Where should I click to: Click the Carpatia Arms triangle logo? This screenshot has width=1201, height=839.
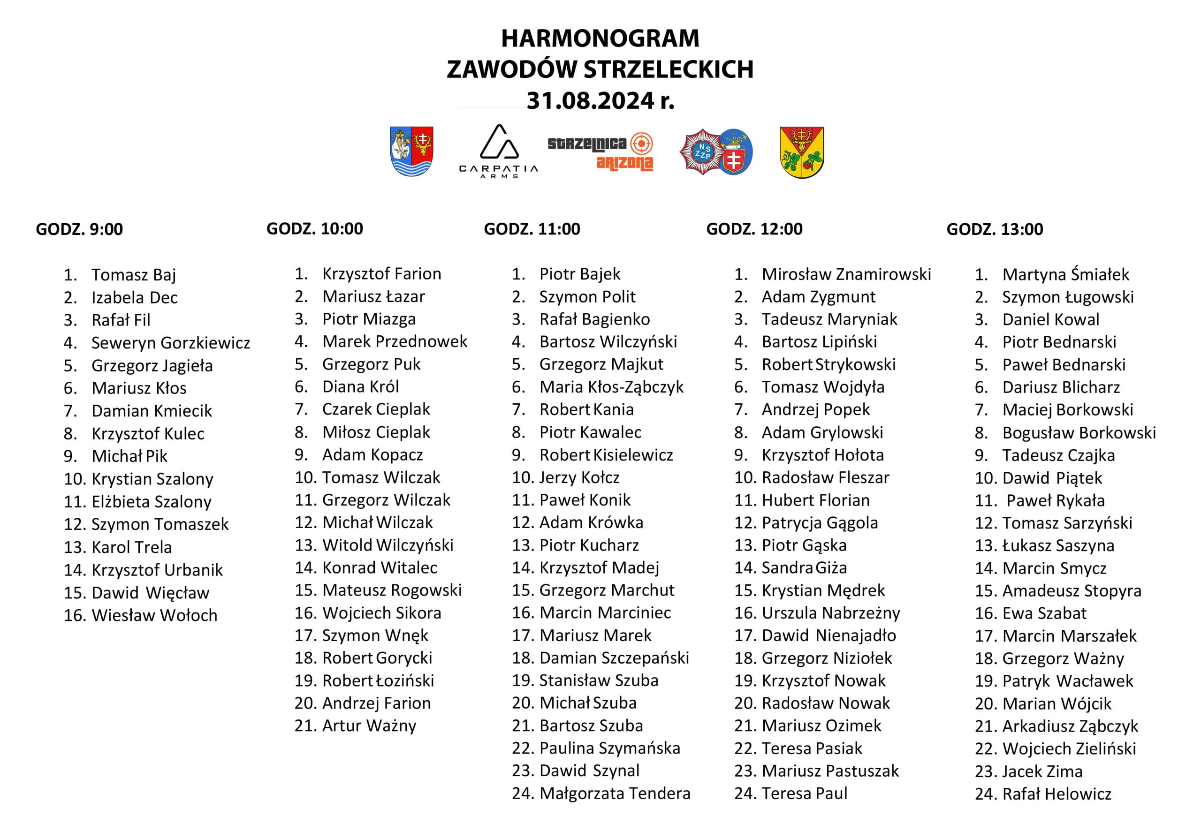(499, 151)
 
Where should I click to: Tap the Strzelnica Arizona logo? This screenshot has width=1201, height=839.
(600, 152)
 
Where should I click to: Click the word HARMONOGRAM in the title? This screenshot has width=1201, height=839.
(600, 38)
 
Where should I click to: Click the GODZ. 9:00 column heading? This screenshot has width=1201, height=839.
(79, 229)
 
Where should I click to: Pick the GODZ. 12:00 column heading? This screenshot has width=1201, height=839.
(754, 229)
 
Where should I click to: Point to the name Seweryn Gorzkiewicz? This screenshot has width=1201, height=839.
(170, 343)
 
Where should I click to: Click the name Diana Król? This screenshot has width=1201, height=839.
(360, 387)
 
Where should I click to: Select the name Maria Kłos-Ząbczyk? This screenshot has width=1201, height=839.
(611, 387)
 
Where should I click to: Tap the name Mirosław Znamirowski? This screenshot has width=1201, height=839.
(846, 274)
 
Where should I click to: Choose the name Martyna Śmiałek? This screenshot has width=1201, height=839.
(1065, 274)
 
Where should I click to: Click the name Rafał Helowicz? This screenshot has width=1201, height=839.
(1057, 794)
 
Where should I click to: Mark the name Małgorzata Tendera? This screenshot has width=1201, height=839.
(615, 794)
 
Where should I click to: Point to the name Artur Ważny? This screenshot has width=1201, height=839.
(369, 726)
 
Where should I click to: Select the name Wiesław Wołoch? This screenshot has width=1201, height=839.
(154, 615)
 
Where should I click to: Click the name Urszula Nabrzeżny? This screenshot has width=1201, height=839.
(831, 612)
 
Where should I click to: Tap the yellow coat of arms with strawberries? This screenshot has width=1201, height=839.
(801, 152)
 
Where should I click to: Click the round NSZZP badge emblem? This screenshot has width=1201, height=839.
(702, 152)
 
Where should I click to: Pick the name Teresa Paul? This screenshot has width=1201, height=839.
(804, 794)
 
